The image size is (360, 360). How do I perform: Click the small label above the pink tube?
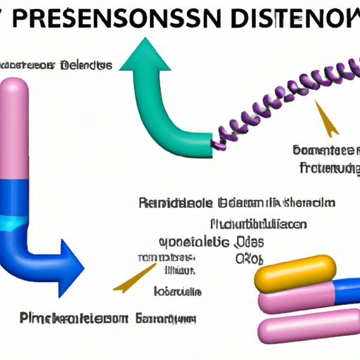click(x=56, y=65)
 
